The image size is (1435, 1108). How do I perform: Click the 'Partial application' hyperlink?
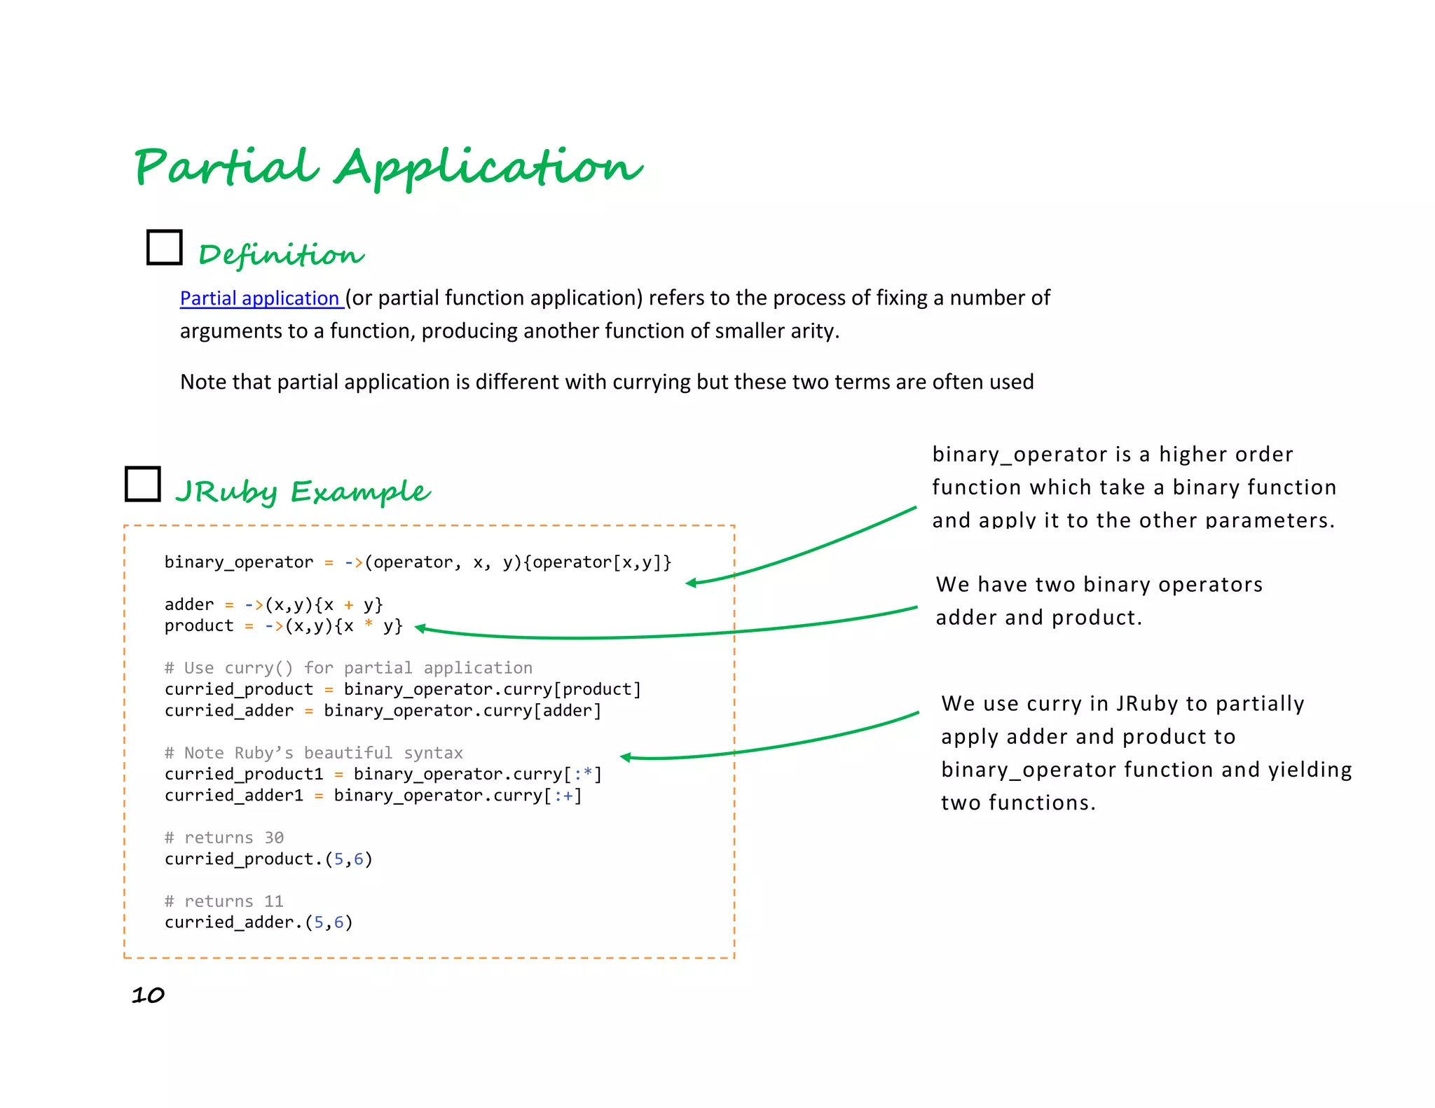[x=260, y=298]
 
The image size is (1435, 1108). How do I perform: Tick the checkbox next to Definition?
[x=165, y=247]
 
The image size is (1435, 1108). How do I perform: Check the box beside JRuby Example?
[x=143, y=484]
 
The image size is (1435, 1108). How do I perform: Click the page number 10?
[x=148, y=995]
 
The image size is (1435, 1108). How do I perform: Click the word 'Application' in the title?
[x=488, y=168]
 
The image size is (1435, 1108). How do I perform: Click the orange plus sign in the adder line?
[x=348, y=604]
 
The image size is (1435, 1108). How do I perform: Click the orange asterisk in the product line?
[x=369, y=625]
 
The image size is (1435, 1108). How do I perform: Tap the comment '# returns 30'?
[x=224, y=838]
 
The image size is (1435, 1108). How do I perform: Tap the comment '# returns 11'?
[x=224, y=901]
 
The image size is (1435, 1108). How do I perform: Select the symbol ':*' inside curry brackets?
[x=583, y=774]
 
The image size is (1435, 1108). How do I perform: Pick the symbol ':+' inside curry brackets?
[x=564, y=796]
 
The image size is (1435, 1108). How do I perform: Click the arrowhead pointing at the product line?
[x=420, y=628]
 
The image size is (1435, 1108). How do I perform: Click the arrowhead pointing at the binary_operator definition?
[x=691, y=583]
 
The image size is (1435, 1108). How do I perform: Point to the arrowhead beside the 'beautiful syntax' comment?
[x=626, y=756]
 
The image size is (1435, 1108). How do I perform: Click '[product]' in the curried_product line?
[x=598, y=689]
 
